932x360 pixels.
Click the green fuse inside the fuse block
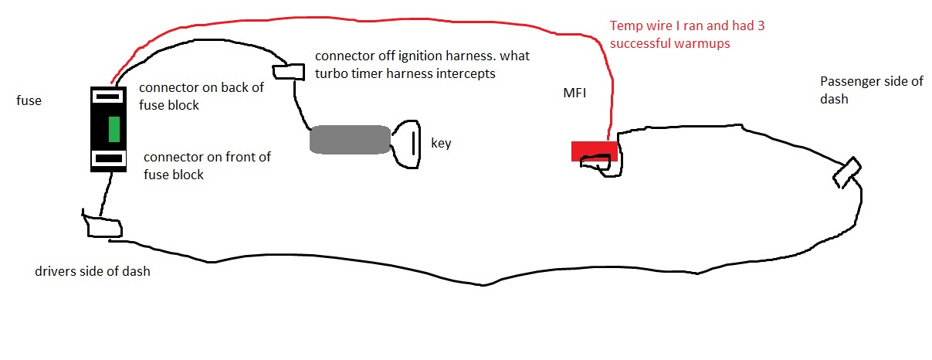pos(114,130)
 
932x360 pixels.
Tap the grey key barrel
pos(350,140)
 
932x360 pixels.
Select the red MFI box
pos(594,151)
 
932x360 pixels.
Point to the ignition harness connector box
pos(288,72)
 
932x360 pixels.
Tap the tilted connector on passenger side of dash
pos(847,172)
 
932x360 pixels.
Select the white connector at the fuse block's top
pos(108,97)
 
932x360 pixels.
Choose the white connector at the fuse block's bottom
pos(109,158)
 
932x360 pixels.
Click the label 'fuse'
pos(29,100)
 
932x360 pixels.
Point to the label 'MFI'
pos(574,93)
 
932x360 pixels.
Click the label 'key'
pos(441,143)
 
